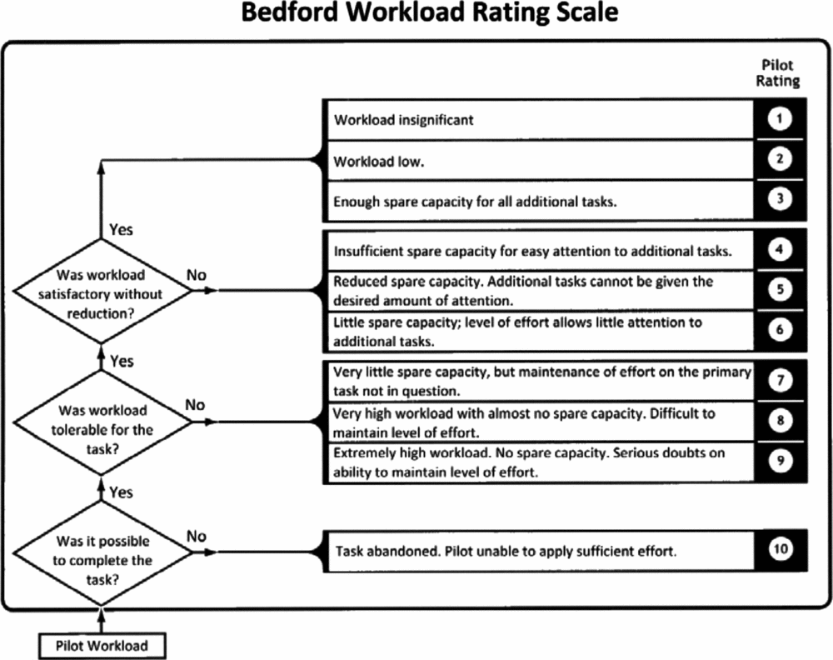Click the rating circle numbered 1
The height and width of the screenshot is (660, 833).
[780, 118]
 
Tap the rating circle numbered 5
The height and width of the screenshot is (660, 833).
[780, 289]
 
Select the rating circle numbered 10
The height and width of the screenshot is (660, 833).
[780, 548]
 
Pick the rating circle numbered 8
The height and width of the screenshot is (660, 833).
[780, 420]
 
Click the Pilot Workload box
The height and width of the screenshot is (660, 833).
[102, 646]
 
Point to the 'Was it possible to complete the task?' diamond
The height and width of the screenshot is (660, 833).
[102, 552]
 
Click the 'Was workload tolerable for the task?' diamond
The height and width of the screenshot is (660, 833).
[102, 422]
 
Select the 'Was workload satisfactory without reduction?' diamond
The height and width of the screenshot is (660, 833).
[102, 291]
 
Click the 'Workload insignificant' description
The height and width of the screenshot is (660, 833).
[403, 119]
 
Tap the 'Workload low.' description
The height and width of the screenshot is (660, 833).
[378, 161]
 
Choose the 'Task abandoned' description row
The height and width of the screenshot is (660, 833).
[539, 551]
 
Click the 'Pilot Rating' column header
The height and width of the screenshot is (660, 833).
[778, 72]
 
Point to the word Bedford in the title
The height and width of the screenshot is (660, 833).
[290, 12]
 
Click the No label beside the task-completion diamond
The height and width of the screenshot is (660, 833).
[196, 536]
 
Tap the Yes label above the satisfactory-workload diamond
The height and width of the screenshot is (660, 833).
[121, 229]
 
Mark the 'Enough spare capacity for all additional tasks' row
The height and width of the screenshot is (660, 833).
[539, 202]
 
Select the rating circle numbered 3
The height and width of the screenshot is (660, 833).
[780, 198]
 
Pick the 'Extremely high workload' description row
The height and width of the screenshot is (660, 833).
[539, 462]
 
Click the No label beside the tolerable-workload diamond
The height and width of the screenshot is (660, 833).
[195, 405]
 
